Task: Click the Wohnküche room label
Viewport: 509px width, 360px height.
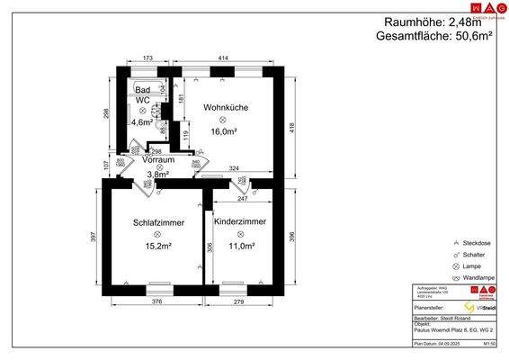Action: [x=225, y=108]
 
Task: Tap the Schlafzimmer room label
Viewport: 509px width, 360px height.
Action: [x=157, y=222]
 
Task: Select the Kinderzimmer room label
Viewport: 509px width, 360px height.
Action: [x=238, y=221]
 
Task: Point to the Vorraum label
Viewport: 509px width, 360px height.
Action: [x=159, y=159]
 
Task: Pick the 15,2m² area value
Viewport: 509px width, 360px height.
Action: [x=157, y=245]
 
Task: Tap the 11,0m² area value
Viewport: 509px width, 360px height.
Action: [x=238, y=245]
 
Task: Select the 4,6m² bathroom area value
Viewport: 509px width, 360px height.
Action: [x=142, y=122]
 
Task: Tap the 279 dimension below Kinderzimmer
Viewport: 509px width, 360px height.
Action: [x=238, y=301]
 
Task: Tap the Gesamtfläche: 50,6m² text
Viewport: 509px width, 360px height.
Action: [x=436, y=37]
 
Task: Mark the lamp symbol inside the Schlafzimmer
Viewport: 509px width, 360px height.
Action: [x=157, y=234]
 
